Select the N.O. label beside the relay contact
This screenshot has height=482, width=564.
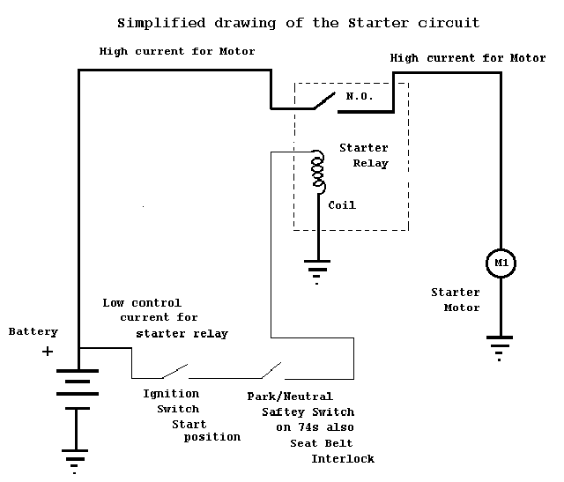pos(360,96)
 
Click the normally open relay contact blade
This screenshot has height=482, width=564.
pos(325,100)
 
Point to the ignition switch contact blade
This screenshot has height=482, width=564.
pos(174,371)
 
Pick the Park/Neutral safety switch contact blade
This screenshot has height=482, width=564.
pos(271,370)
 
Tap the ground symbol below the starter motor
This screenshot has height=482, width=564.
pos(500,348)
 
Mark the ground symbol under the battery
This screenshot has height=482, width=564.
pos(74,462)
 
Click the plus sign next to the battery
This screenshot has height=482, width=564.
pos(48,351)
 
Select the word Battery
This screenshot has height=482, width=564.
pos(33,331)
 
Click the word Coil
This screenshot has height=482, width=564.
pos(342,205)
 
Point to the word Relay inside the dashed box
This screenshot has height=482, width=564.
pos(370,164)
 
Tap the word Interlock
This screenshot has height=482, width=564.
pos(343,458)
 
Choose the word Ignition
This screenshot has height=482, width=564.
pos(171,394)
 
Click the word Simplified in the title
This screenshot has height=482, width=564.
pos(161,23)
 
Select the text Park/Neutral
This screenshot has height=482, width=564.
pos(290,397)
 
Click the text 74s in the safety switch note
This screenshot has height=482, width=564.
pos(308,427)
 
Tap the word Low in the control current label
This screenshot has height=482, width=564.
pos(114,303)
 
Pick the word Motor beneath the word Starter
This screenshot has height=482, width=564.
pos(462,308)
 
